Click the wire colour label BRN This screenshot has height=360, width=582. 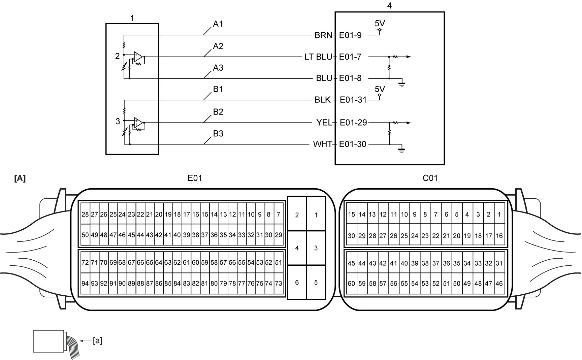click(323, 35)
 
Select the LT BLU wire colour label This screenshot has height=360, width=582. click(318, 57)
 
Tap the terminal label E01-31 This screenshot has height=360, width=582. click(353, 100)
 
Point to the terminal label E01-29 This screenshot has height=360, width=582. click(353, 123)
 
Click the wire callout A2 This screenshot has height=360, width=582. click(218, 46)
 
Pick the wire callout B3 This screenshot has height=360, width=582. click(218, 134)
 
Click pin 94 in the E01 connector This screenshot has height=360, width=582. click(85, 284)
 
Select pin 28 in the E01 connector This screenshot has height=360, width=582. click(85, 214)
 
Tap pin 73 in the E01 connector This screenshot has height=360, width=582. click(279, 284)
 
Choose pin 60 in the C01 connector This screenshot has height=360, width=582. click(351, 284)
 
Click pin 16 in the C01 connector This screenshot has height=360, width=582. click(499, 236)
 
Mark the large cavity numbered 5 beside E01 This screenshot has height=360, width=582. click(316, 282)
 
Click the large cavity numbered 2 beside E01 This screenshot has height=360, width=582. click(297, 215)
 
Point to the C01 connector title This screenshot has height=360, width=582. click(430, 178)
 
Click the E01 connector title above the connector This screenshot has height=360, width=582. click(195, 178)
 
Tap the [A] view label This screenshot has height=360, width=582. click(20, 178)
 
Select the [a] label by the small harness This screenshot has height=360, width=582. click(97, 341)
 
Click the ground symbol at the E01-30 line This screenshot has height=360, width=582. click(401, 150)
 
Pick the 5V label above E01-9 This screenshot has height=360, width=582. click(380, 24)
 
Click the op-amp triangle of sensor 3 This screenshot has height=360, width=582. click(138, 123)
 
